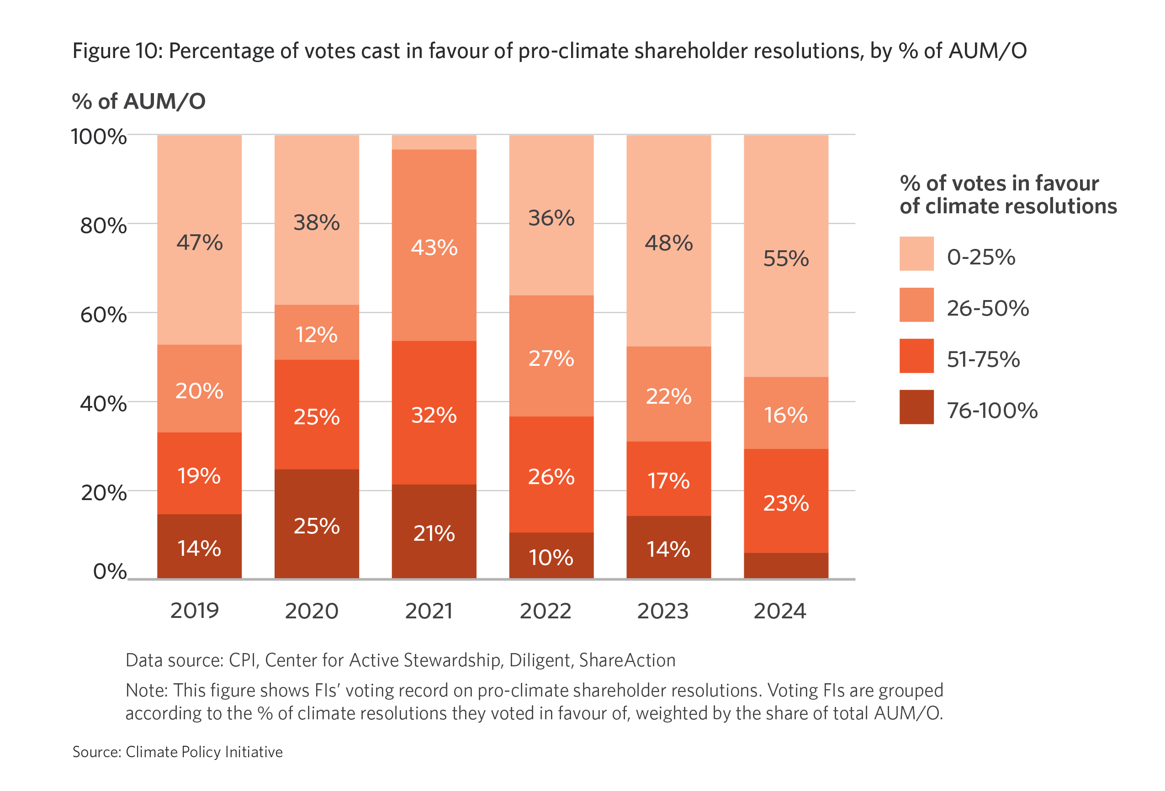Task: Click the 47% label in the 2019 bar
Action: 200,243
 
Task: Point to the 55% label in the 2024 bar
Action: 786,258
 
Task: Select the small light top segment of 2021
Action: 434,142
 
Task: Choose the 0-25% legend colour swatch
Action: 916,253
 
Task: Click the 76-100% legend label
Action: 992,411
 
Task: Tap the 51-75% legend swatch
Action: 916,356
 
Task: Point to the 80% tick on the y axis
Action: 103,226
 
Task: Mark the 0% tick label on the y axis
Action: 110,571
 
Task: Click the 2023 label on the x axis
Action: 663,611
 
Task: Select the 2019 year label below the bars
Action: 195,611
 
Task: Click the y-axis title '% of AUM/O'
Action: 139,101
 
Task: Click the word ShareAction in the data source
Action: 627,660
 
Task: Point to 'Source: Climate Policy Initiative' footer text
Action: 177,752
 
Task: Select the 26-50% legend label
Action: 988,308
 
